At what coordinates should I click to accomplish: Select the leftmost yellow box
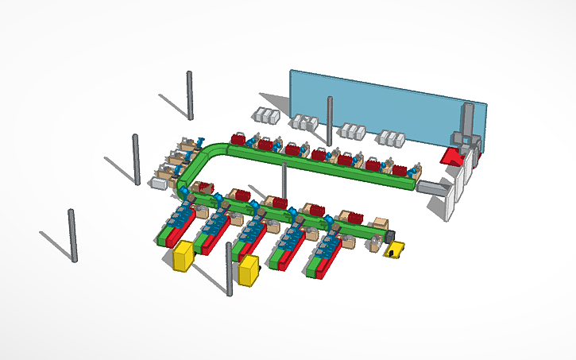click(184, 257)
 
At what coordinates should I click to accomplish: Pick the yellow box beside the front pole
click(249, 270)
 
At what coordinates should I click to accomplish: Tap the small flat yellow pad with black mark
click(395, 251)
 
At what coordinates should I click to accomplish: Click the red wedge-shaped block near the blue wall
click(454, 157)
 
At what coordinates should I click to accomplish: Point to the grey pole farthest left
click(73, 235)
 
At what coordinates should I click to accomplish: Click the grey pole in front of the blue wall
click(330, 120)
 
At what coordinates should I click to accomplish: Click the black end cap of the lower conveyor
click(389, 236)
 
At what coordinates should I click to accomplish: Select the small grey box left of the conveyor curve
click(159, 184)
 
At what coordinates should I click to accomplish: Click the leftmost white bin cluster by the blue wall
click(266, 117)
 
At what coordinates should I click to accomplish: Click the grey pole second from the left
click(136, 159)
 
